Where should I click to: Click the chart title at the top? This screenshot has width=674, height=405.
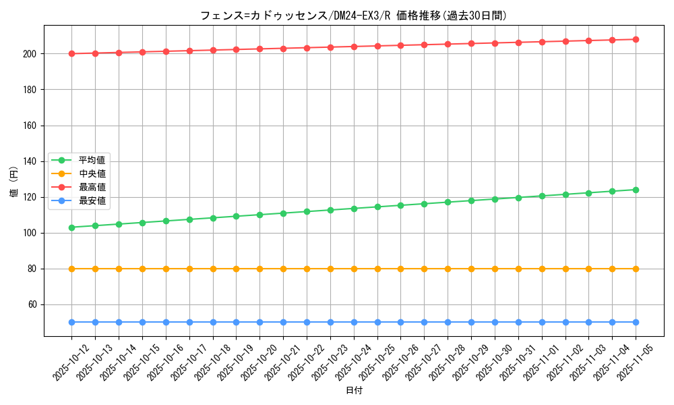(x=353, y=16)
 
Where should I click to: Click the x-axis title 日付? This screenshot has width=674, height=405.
(x=354, y=391)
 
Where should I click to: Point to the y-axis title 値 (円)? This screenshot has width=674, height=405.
(x=13, y=182)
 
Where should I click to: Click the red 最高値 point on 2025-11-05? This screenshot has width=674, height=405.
(x=636, y=39)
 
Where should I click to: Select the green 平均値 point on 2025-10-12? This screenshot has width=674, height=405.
(x=71, y=227)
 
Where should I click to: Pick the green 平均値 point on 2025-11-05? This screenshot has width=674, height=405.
(x=636, y=190)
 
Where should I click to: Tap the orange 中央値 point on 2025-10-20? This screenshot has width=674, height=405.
(x=259, y=269)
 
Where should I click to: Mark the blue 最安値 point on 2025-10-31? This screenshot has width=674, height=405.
(x=518, y=322)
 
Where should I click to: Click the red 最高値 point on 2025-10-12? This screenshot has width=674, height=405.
(x=71, y=53)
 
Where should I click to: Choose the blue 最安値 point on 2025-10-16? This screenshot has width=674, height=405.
(x=166, y=322)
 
